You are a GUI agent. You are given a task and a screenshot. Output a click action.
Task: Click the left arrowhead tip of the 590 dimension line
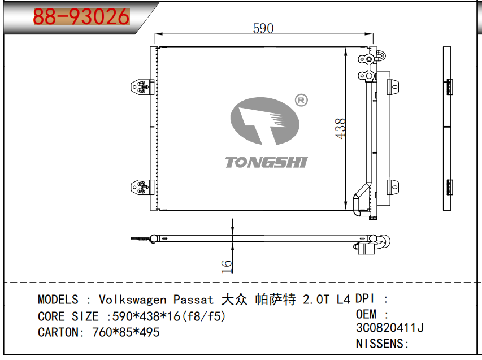tap(154, 34)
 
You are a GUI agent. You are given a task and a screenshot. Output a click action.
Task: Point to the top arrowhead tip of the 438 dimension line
tap(346, 48)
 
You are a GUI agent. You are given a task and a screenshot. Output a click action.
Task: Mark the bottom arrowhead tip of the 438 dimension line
tap(346, 210)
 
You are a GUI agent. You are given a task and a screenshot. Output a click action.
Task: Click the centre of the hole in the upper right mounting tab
tap(395, 87)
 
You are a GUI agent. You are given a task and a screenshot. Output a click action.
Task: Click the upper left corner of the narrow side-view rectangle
tap(443, 47)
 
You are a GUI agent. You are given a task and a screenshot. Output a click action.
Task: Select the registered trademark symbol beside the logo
tap(301, 100)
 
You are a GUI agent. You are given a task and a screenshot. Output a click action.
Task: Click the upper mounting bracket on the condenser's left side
tap(142, 87)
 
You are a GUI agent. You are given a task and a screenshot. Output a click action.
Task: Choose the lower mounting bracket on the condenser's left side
tap(142, 187)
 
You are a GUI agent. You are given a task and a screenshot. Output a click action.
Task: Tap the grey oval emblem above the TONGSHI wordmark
tap(264, 121)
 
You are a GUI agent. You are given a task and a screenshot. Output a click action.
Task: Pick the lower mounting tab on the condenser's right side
tap(393, 187)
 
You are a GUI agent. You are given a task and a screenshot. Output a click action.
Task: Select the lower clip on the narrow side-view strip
tap(449, 187)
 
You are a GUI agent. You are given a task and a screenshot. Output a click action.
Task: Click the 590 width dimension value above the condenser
tap(263, 29)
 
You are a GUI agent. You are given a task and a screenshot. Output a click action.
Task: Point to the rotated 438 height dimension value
tap(341, 129)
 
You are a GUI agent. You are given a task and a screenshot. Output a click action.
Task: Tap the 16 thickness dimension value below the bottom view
tap(227, 266)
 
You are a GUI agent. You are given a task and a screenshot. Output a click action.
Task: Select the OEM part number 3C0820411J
tap(390, 328)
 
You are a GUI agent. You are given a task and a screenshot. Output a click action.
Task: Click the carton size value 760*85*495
tap(125, 332)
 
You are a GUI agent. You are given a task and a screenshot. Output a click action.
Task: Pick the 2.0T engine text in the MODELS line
tap(316, 300)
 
